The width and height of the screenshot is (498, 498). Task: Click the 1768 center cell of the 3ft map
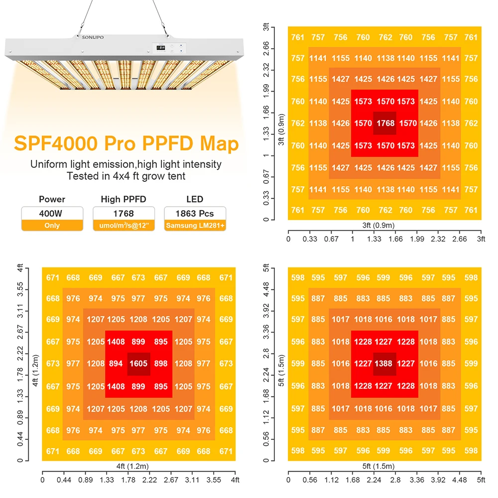[x=385, y=124]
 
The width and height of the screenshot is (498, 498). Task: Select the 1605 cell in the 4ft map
[x=138, y=364]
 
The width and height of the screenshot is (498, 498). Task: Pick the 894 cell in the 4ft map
[x=116, y=364]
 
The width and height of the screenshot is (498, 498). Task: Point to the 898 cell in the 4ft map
[x=161, y=364]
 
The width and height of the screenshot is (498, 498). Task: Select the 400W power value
[x=52, y=213]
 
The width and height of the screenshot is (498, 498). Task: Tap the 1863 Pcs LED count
[x=195, y=213]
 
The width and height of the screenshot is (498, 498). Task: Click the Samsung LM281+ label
[x=195, y=226]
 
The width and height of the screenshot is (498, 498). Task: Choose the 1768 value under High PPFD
[x=124, y=213]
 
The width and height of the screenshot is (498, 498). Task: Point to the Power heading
[x=52, y=199]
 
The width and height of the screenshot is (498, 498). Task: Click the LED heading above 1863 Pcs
[x=195, y=199]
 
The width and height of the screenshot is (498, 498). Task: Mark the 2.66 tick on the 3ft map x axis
[x=459, y=239]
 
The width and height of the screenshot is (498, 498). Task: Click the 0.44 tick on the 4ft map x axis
[x=64, y=480]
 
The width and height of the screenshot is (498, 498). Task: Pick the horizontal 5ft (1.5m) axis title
[x=384, y=467]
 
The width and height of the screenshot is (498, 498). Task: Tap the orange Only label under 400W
[x=52, y=226]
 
